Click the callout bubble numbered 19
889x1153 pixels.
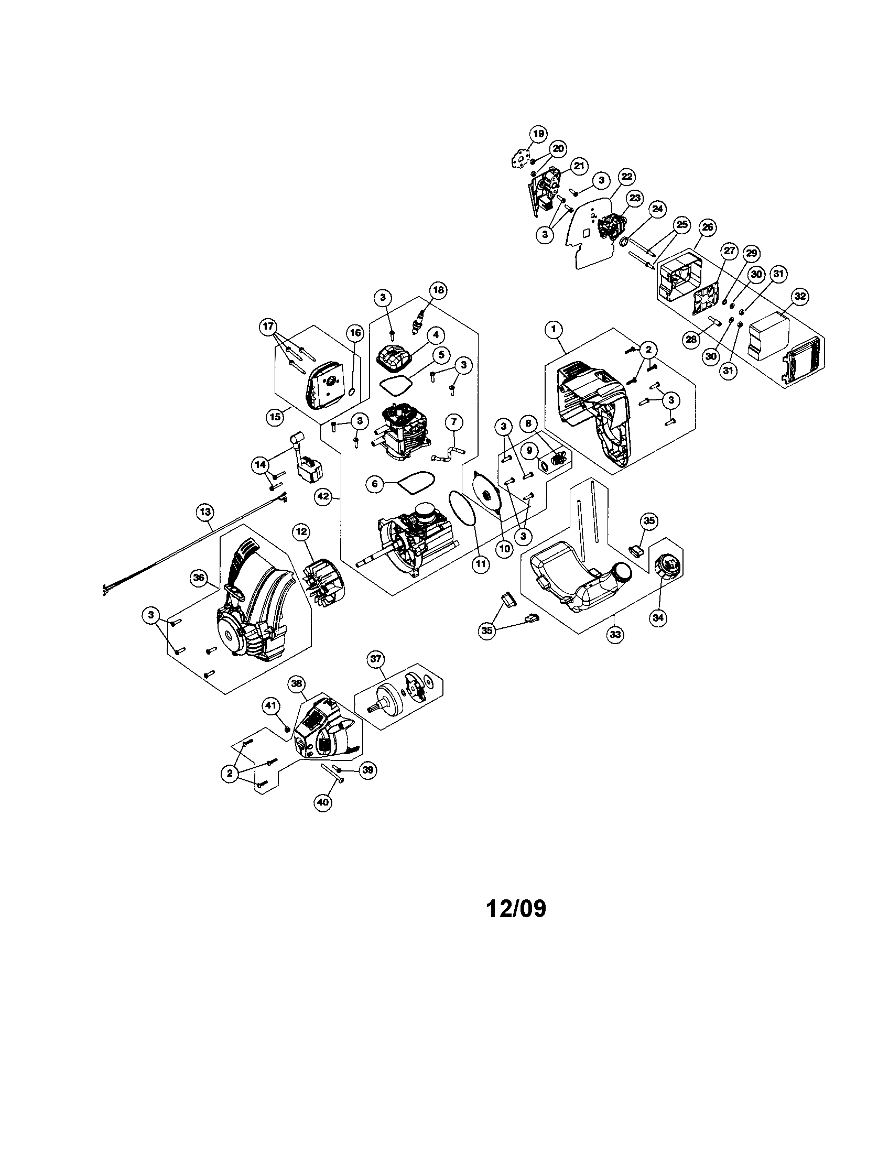538,134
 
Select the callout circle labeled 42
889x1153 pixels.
323,496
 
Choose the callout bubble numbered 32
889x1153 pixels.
800,297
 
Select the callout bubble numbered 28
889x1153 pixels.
691,340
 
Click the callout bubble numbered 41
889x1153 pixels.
271,705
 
